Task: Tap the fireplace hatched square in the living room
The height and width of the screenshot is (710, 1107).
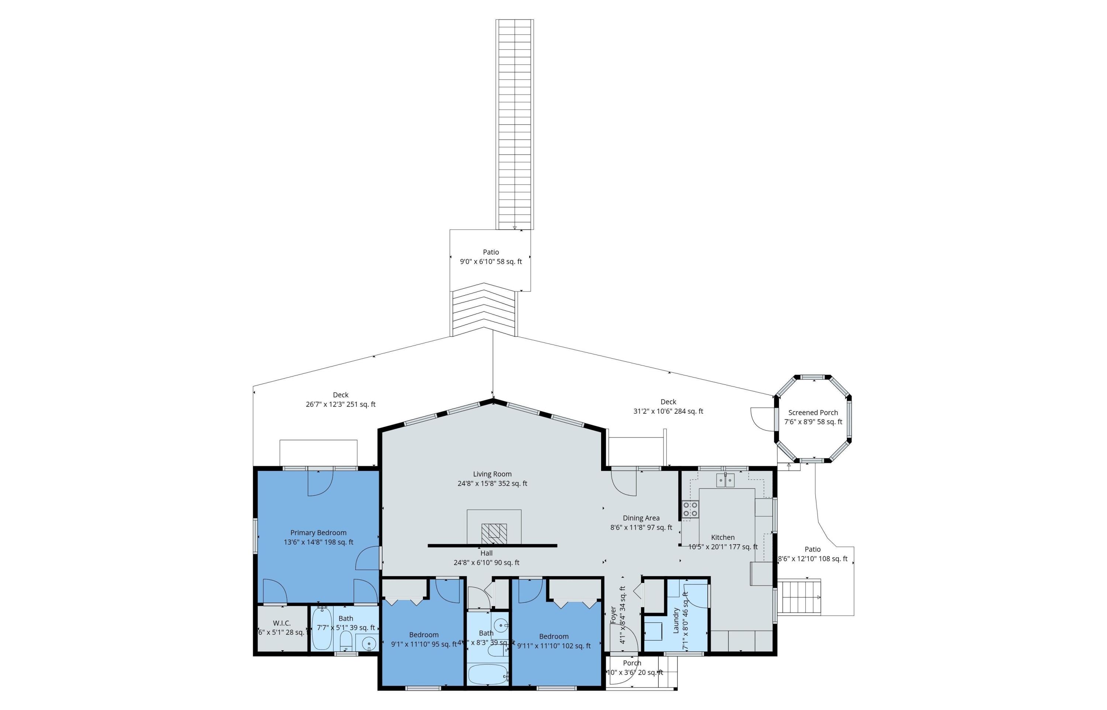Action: [x=494, y=534]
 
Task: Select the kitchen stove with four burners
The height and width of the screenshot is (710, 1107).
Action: [x=690, y=510]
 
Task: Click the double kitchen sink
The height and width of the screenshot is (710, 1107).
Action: [x=725, y=481]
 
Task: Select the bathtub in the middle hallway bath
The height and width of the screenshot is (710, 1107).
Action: [x=487, y=675]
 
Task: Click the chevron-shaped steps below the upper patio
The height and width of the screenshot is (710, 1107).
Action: [x=483, y=310]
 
